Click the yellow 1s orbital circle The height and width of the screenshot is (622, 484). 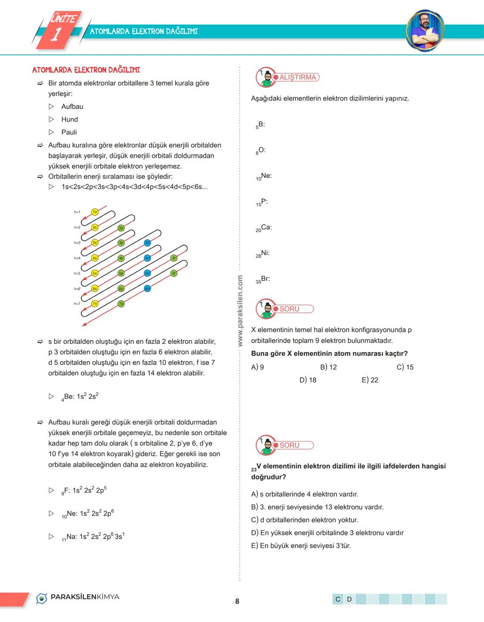95,212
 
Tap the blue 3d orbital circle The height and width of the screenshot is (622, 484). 147,243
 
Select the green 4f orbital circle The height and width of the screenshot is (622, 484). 174,258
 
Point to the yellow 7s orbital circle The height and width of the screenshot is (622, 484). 95,304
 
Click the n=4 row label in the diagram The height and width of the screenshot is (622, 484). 77,258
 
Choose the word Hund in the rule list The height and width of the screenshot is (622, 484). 69,119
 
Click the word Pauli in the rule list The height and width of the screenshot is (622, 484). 69,132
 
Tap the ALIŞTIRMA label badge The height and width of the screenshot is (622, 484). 298,77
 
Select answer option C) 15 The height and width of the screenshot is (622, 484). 405,367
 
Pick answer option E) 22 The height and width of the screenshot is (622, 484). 370,380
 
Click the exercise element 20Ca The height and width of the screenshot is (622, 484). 264,228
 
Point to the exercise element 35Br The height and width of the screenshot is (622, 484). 263,279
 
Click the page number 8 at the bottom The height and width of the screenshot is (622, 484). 237,601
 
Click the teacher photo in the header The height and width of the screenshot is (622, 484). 425,30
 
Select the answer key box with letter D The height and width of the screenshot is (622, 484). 349,599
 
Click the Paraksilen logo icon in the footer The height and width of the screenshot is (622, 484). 41,598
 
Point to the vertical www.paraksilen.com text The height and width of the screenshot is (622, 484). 240,311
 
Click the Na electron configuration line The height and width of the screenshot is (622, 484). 93,536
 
